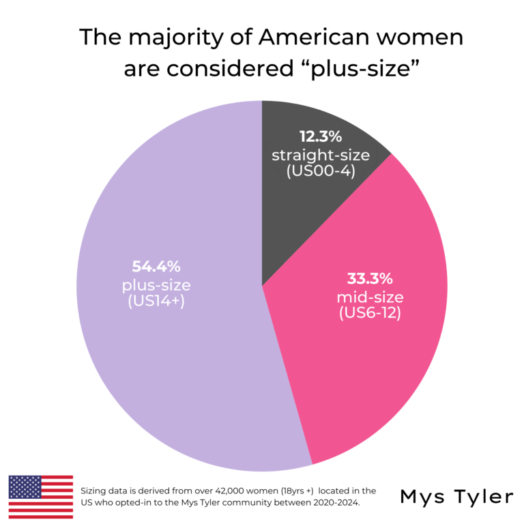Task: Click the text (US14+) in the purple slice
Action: click(156, 302)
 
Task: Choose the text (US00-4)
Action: click(321, 171)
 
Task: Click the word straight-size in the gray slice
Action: click(321, 155)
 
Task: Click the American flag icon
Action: click(40, 497)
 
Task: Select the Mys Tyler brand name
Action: click(457, 497)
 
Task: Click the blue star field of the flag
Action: click(25, 487)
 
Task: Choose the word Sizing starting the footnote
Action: click(93, 491)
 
